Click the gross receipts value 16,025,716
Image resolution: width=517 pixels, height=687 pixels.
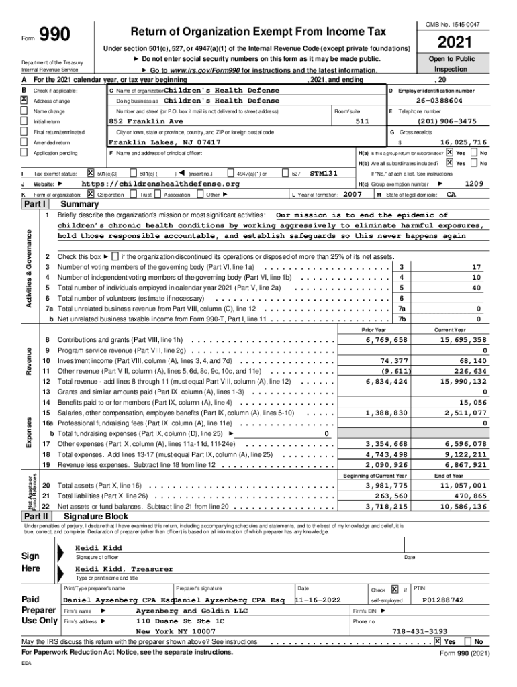click(x=463, y=143)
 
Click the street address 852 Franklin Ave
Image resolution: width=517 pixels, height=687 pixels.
click(x=145, y=121)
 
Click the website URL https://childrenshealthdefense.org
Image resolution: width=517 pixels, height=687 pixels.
click(x=160, y=184)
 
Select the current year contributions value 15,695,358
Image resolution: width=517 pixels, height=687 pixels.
click(x=460, y=340)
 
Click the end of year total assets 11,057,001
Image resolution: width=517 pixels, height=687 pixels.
click(x=460, y=485)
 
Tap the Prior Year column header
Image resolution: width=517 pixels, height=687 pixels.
click(x=373, y=330)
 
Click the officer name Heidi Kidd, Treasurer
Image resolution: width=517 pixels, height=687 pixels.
click(x=124, y=569)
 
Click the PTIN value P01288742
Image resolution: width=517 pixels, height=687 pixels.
click(x=442, y=600)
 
